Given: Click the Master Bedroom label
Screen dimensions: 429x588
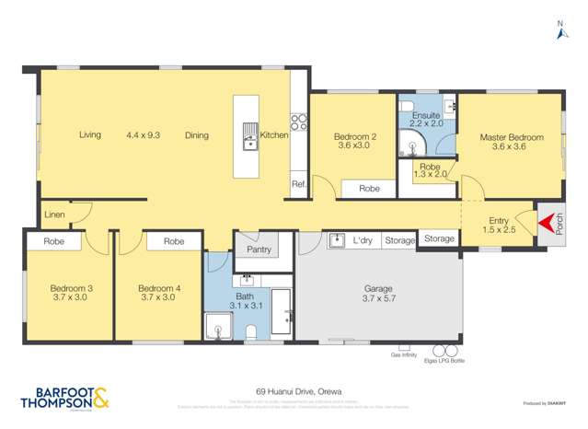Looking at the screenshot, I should [x=511, y=138].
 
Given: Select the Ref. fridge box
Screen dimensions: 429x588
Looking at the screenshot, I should [x=298, y=184].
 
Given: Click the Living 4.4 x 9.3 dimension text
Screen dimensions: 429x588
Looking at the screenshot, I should [x=143, y=135].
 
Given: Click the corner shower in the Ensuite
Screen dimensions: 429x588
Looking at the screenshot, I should [x=409, y=142].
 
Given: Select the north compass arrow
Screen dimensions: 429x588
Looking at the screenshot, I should [x=561, y=33].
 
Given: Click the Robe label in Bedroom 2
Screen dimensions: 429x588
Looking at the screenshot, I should [x=369, y=188].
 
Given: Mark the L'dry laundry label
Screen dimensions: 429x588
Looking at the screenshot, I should [x=363, y=240].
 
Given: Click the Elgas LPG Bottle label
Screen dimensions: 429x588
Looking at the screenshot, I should [x=446, y=361].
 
